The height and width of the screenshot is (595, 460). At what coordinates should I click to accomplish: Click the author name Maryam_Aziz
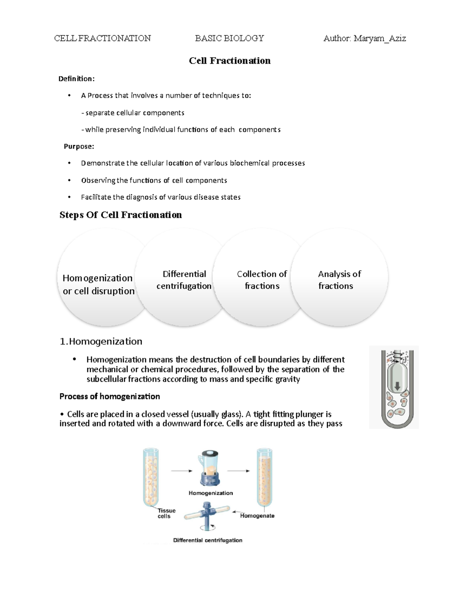click(379, 38)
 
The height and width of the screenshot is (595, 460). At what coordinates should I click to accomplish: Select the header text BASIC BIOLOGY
click(229, 38)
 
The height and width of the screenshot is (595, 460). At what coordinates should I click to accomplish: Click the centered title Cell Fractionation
click(230, 61)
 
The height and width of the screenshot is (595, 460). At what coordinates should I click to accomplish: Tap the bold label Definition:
click(76, 79)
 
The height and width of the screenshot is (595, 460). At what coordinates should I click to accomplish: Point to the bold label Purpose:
click(79, 146)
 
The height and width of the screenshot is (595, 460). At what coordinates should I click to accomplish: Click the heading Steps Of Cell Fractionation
click(120, 215)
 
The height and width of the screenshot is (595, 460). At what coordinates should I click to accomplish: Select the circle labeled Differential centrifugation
click(184, 280)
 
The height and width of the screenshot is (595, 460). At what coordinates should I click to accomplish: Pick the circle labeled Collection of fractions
click(262, 280)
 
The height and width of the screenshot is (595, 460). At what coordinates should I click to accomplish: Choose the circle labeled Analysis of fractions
click(339, 280)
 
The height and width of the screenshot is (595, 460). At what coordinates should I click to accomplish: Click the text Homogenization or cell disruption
click(99, 284)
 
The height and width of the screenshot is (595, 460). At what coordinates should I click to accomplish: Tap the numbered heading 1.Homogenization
click(101, 341)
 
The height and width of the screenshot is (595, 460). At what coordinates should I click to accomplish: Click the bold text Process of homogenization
click(110, 396)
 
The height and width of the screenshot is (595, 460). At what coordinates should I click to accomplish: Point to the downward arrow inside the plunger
click(397, 385)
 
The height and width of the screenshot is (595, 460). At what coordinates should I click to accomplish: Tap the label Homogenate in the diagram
click(257, 516)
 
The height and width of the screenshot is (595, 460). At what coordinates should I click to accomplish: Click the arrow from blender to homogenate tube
click(238, 471)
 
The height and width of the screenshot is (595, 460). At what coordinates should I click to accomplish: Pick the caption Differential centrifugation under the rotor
click(207, 540)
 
